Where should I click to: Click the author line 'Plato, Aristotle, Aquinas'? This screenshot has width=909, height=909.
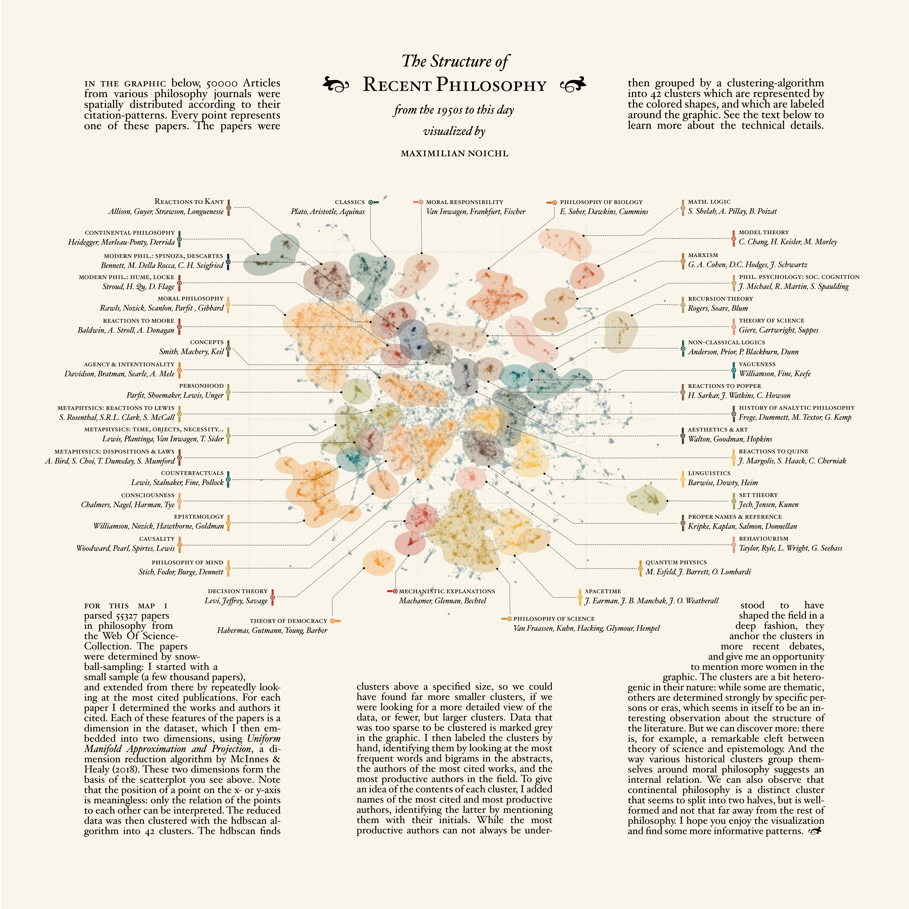327,212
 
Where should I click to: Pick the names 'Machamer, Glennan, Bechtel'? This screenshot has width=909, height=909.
442,601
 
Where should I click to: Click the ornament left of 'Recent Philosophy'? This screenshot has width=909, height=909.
335,85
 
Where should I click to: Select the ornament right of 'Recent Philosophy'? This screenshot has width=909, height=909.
573,85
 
